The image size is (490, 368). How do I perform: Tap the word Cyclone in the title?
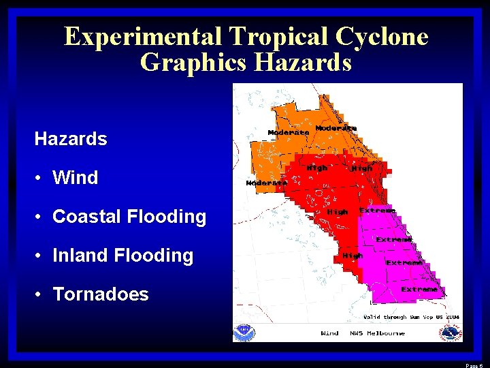pyautogui.click(x=381, y=36)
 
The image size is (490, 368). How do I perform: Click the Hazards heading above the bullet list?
pyautogui.click(x=71, y=139)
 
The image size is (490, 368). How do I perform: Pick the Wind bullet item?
pyautogui.click(x=75, y=178)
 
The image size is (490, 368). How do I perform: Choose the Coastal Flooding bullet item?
pyautogui.click(x=129, y=217)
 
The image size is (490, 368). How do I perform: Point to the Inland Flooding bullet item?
pyautogui.click(x=122, y=256)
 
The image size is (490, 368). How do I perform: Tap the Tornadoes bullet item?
pyautogui.click(x=100, y=294)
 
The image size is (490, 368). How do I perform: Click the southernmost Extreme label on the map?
pyautogui.click(x=419, y=290)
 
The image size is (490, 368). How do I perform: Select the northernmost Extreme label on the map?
pyautogui.click(x=378, y=211)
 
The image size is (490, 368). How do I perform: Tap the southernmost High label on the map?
pyautogui.click(x=352, y=256)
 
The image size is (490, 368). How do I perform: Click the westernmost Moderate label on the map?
pyautogui.click(x=266, y=183)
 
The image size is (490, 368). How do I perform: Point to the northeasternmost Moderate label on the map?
pyautogui.click(x=336, y=128)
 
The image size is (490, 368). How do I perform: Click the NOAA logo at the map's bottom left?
pyautogui.click(x=243, y=332)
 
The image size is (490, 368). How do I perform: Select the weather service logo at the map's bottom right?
pyautogui.click(x=450, y=333)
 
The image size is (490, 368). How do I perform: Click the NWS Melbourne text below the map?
pyautogui.click(x=377, y=333)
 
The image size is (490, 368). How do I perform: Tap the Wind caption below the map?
pyautogui.click(x=329, y=333)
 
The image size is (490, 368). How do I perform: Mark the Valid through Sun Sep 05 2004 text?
pyautogui.click(x=411, y=317)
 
